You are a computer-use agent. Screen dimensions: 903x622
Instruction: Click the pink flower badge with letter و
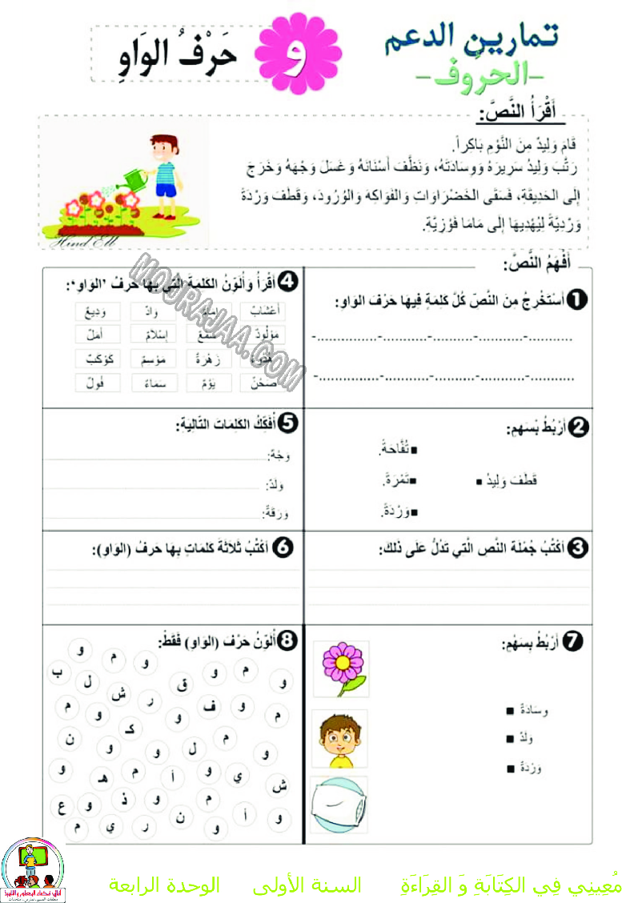click(298, 55)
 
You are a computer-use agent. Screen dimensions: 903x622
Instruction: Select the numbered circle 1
click(576, 300)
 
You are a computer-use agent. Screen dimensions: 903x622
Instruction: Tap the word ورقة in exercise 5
click(276, 513)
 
